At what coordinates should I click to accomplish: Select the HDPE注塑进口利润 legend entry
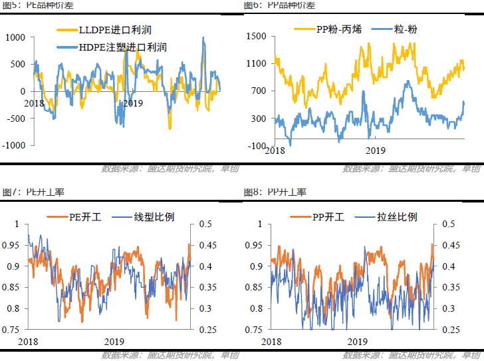(114, 47)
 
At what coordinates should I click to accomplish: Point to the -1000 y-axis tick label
(14, 145)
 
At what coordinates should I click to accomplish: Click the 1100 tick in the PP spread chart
(257, 64)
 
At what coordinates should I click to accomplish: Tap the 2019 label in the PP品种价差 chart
(376, 151)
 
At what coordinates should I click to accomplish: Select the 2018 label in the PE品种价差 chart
(33, 103)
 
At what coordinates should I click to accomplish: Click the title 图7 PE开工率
(33, 192)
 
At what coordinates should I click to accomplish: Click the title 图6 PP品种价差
(279, 5)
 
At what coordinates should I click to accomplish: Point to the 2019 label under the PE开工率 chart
(113, 340)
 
